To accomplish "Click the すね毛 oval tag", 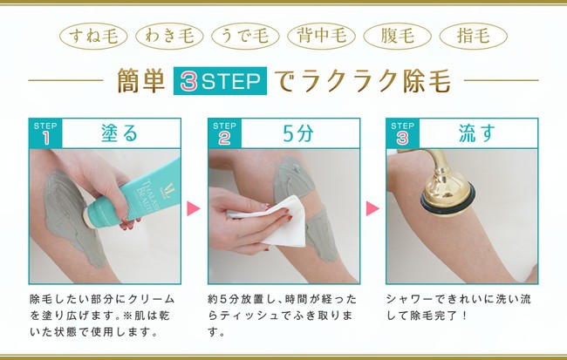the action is pos(93,36).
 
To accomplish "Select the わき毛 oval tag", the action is pos(169,36).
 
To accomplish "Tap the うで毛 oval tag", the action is pos(245,36).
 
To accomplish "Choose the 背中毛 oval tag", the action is pos(321,36).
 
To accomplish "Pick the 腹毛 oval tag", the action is pos(397,36).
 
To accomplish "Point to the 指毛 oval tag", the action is pos(473,36).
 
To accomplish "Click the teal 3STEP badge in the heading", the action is pos(220,80).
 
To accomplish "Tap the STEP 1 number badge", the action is pos(45,133).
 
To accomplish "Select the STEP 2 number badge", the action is pos(224,133).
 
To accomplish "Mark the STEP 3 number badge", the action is pos(402,133).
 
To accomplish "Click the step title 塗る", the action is pos(120,133).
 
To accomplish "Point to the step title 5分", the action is pos(298,133).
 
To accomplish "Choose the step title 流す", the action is pos(477,133).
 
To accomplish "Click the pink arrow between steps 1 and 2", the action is pos(193,208).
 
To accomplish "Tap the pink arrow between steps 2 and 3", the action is pos(372,208).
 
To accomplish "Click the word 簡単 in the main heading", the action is pos(141,81).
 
